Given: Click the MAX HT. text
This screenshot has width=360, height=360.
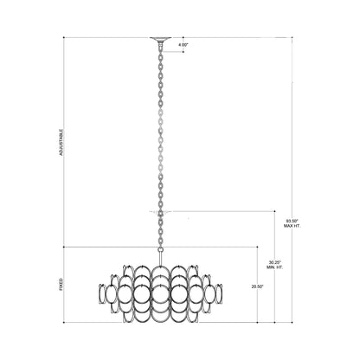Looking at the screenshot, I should click(293, 228).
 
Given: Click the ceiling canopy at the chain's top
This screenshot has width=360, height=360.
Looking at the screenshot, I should click(161, 39).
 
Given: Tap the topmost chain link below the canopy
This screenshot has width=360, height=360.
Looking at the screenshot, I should click(161, 48).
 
